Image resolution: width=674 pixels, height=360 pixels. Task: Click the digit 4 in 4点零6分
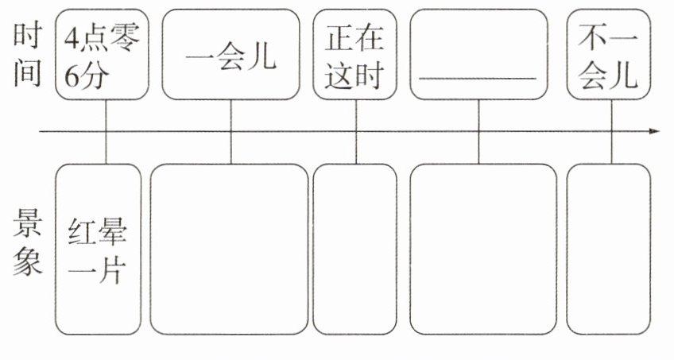[x=72, y=38]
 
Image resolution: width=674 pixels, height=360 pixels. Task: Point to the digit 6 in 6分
[x=72, y=78]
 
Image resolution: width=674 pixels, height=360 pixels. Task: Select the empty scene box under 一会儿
[x=230, y=250]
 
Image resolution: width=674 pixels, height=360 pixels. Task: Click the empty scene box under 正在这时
[x=354, y=250]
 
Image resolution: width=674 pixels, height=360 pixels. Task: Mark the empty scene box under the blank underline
[x=482, y=250]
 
